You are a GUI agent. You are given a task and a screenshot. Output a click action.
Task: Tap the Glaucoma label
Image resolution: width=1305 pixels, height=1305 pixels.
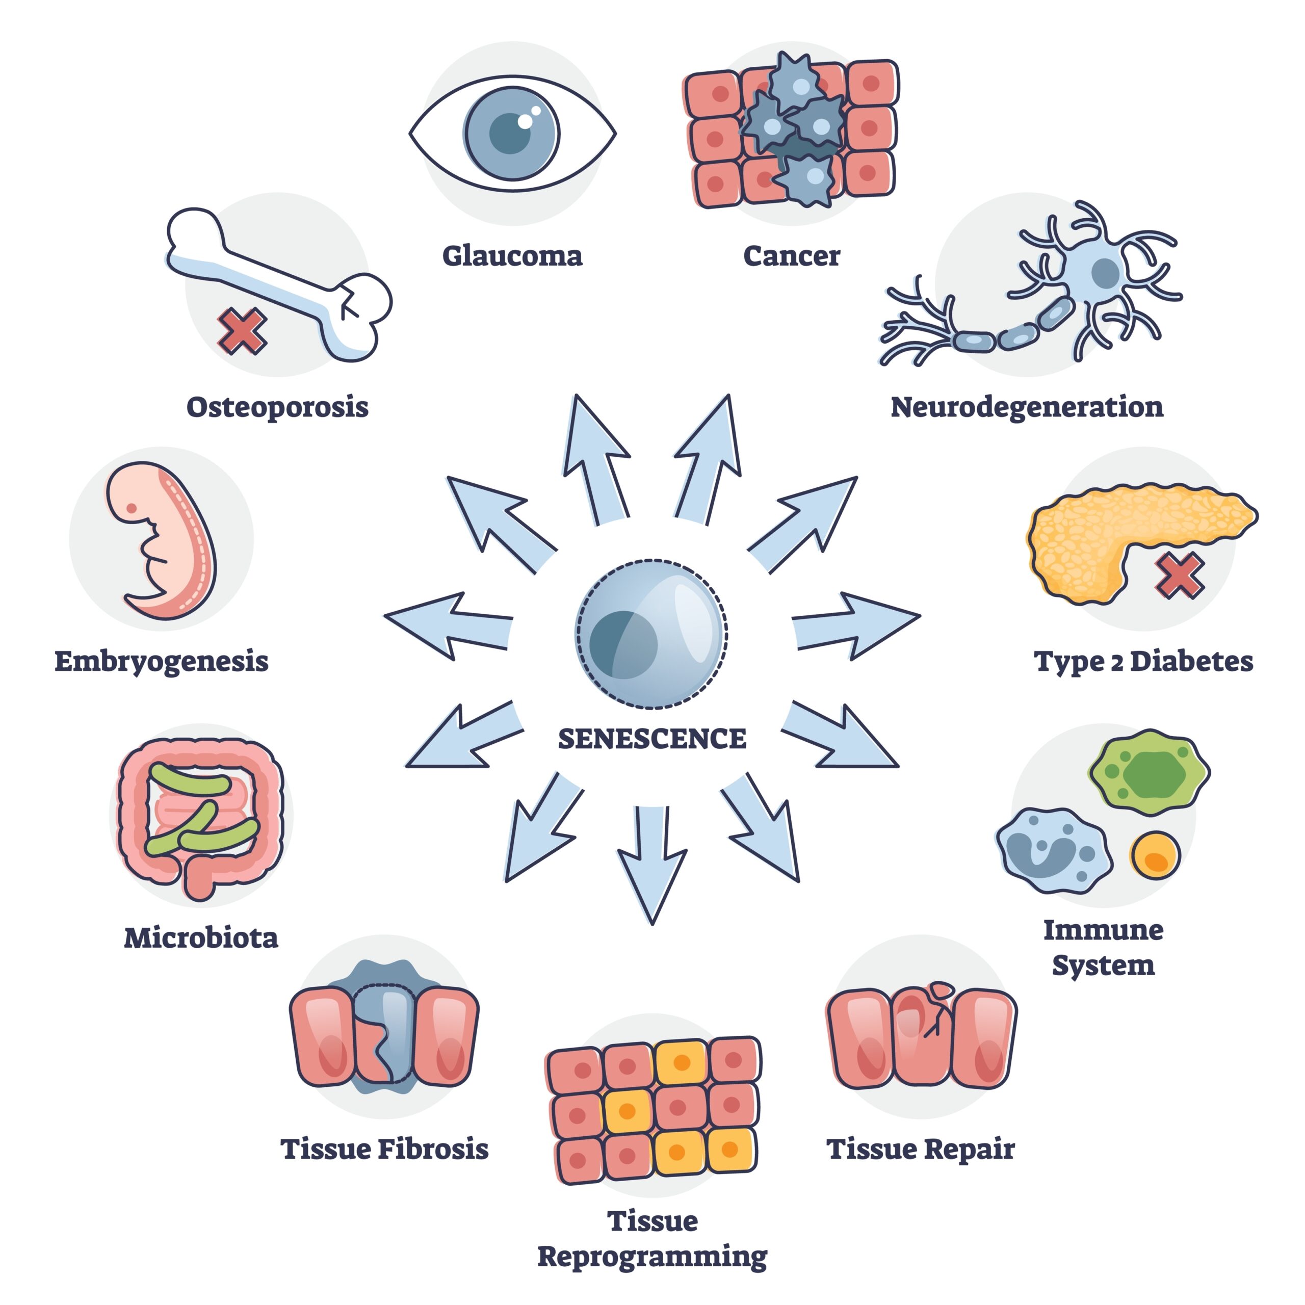(x=512, y=256)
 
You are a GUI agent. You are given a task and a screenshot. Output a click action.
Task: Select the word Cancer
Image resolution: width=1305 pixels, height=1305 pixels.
(x=792, y=256)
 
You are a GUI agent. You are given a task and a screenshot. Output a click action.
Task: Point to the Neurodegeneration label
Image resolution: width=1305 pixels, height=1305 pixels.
(x=1027, y=407)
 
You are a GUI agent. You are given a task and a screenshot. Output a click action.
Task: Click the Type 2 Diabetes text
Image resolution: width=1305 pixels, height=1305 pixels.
(x=1143, y=661)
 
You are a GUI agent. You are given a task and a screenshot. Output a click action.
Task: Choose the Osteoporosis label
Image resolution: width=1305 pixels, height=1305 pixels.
(x=278, y=407)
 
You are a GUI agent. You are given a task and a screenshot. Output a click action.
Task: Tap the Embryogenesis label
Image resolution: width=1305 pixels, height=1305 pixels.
(x=162, y=661)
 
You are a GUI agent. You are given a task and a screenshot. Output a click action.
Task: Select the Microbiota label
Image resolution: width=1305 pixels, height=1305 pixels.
(x=201, y=937)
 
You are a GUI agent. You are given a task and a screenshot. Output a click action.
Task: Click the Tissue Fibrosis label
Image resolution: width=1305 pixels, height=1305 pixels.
(x=384, y=1149)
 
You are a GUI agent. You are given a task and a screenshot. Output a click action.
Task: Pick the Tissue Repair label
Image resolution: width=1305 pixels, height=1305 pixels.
(x=921, y=1149)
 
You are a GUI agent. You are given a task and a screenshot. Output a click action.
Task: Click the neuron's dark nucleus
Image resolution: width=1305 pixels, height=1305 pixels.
(x=1105, y=273)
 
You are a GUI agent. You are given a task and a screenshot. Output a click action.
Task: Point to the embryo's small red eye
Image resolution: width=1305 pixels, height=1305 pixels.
(x=132, y=508)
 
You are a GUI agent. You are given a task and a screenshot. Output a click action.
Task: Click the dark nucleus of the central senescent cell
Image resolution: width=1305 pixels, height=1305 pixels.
(x=623, y=644)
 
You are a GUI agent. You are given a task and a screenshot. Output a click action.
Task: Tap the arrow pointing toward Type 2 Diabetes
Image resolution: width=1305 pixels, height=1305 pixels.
(x=854, y=625)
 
